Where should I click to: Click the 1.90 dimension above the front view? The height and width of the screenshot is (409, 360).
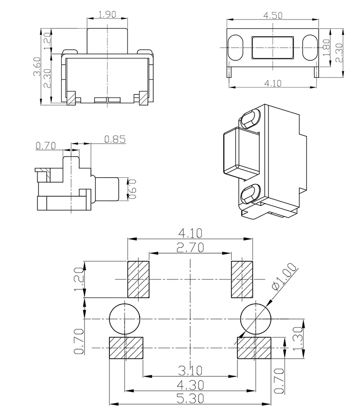pyautogui.click(x=107, y=15)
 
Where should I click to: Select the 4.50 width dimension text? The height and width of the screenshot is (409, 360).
pyautogui.click(x=272, y=15)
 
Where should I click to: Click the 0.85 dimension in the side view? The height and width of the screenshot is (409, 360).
pyautogui.click(x=115, y=139)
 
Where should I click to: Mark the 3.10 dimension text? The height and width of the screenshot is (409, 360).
pyautogui.click(x=190, y=369)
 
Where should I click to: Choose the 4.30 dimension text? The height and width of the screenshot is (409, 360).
pyautogui.click(x=190, y=385)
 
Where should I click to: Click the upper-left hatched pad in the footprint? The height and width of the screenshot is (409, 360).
pyautogui.click(x=139, y=279)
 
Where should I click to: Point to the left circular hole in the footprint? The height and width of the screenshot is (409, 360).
pyautogui.click(x=125, y=318)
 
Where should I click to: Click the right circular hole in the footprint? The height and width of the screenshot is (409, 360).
pyautogui.click(x=256, y=318)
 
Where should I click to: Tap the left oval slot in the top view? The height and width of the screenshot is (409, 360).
pyautogui.click(x=235, y=47)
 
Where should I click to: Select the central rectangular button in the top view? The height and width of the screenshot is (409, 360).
pyautogui.click(x=272, y=47)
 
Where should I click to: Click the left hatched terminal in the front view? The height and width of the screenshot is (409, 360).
pyautogui.click(x=72, y=98)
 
